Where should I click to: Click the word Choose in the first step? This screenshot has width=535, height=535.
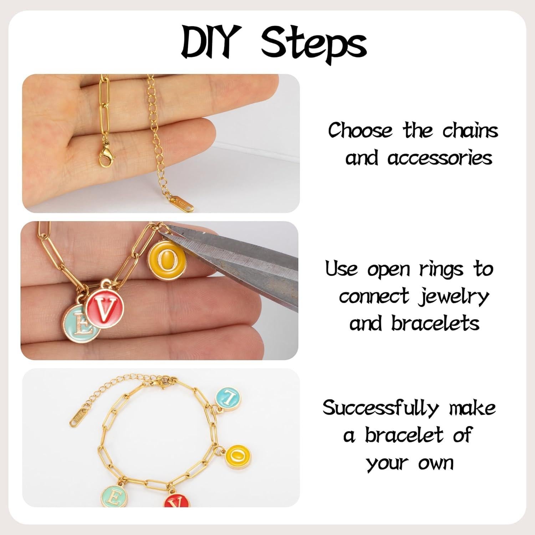coord(360,131)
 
